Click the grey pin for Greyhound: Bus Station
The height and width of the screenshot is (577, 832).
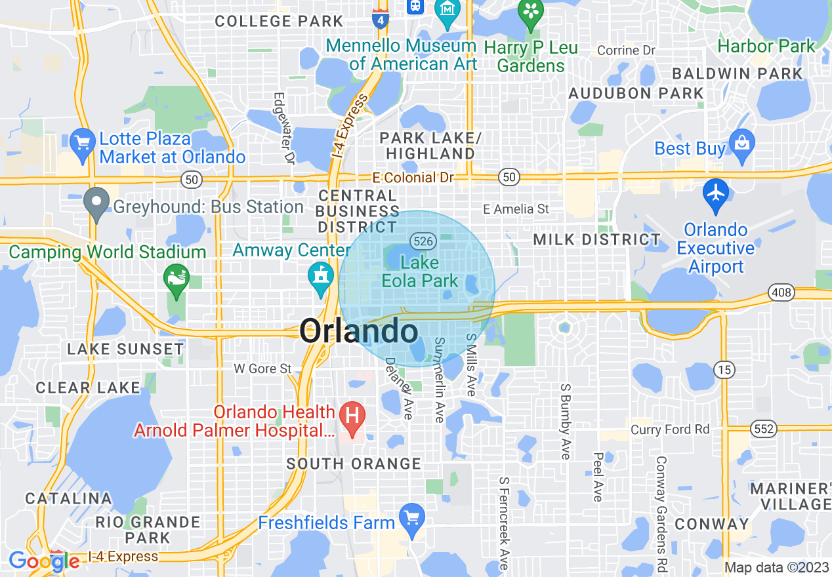[97, 203]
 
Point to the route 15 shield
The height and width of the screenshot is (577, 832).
[724, 370]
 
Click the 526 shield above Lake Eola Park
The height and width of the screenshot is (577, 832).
[423, 241]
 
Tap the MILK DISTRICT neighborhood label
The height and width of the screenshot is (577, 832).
[596, 240]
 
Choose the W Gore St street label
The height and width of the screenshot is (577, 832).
[262, 369]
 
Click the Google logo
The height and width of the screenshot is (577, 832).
[43, 561]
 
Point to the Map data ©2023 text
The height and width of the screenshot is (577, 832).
[776, 568]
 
